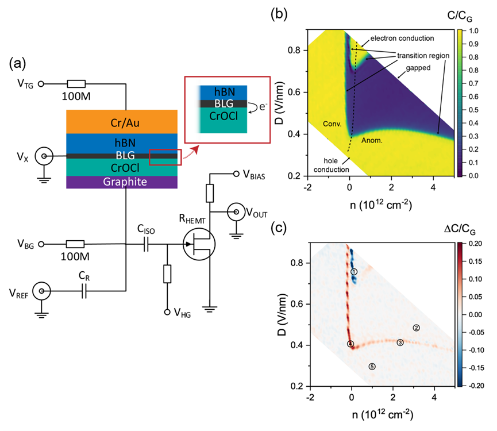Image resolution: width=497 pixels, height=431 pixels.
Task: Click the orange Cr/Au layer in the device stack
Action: click(121, 121)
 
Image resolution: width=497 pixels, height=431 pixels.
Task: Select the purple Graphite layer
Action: click(121, 182)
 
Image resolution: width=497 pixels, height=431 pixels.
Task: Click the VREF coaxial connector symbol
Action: click(41, 292)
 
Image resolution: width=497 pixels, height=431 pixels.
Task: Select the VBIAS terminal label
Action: click(256, 174)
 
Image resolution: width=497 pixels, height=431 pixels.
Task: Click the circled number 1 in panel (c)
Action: click(354, 271)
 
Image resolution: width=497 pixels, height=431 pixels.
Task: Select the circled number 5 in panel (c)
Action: click(372, 366)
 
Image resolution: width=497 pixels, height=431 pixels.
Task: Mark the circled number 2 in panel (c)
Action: click(417, 328)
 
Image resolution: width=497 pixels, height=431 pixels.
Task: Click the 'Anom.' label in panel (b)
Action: click(372, 139)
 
